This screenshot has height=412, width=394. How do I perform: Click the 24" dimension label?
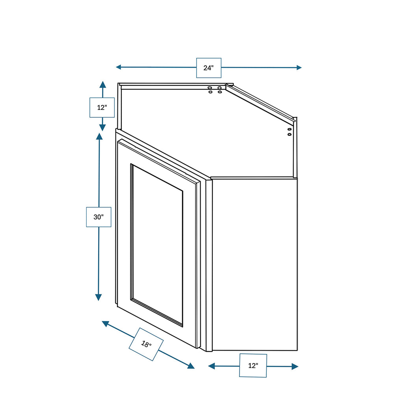coord(208,68)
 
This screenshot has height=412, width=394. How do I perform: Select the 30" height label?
coord(98,217)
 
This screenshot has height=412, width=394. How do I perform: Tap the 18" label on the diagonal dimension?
coord(146,344)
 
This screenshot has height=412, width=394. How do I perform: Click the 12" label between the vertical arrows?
coord(102,107)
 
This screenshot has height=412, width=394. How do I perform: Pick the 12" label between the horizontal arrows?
coord(253,366)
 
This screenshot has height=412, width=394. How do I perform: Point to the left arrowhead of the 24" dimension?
coord(118,67)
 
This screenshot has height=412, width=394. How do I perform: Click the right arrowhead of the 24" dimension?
coord(299,68)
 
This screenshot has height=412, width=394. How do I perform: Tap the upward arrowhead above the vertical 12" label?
coord(103,84)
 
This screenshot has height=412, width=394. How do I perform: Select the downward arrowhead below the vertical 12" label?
coord(102,128)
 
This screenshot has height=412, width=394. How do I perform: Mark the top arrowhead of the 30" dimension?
coord(99,137)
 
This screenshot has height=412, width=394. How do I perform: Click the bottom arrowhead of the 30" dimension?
coord(98,297)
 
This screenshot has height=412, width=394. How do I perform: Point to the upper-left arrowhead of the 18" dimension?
coord(105,323)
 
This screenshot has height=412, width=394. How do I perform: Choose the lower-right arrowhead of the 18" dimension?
coord(191,366)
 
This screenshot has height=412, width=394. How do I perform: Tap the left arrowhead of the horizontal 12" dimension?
coord(211,366)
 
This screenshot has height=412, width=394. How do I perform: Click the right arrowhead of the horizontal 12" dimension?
coord(295,366)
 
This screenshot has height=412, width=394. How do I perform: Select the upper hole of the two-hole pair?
coord(290,129)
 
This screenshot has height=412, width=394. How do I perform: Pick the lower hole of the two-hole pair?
coord(290,134)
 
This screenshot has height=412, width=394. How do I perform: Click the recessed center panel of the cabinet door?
coord(157,245)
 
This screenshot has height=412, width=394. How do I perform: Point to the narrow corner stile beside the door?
coord(209,265)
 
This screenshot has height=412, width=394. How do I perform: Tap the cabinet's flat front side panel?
coord(255,264)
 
